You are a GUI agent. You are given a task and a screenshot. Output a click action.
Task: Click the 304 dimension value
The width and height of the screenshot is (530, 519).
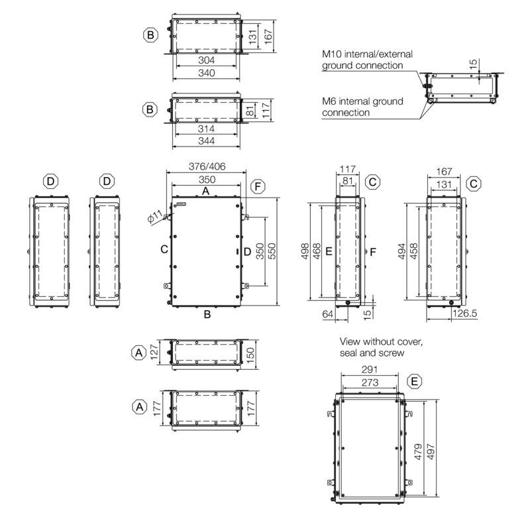click(x=206, y=60)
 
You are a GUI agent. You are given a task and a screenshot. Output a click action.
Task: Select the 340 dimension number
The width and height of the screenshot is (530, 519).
click(x=206, y=73)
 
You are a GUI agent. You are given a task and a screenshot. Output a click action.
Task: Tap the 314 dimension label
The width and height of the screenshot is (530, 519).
click(x=206, y=129)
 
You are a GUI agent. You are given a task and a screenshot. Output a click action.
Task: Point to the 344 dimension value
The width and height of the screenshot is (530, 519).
click(x=206, y=141)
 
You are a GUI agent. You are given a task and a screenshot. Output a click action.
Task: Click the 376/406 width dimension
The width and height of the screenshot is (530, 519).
click(x=207, y=166)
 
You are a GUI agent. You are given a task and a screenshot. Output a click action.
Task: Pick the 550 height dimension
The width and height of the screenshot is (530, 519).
click(x=272, y=251)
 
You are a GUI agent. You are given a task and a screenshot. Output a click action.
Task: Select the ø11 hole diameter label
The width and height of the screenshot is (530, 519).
click(x=156, y=217)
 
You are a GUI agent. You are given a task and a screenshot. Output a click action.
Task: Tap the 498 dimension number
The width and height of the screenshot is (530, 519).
click(x=305, y=251)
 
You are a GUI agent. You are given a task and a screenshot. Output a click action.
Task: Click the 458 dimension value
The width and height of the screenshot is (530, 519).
click(x=413, y=251)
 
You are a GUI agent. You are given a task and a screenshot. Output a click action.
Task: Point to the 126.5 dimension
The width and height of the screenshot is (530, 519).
click(x=465, y=314)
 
